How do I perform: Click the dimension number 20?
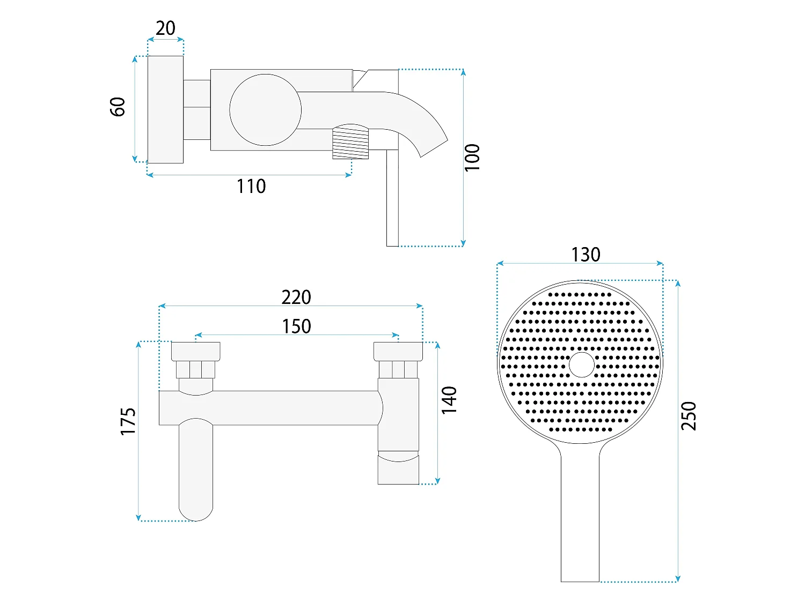(165, 28)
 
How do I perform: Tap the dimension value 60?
(118, 107)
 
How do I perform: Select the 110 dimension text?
(251, 187)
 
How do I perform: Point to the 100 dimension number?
(472, 158)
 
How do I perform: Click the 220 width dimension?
(296, 297)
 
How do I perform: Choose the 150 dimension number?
(296, 326)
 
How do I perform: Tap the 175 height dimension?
(128, 421)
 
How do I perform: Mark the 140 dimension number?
(449, 400)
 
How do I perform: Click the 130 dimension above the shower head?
(586, 255)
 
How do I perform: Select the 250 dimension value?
(688, 416)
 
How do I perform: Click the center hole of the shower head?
(581, 364)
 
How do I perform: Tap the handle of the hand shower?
(580, 512)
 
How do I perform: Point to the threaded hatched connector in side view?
(350, 142)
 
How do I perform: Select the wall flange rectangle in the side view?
(165, 109)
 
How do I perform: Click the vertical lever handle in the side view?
(392, 198)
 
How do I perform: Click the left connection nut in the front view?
(195, 352)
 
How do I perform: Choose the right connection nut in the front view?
(398, 352)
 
